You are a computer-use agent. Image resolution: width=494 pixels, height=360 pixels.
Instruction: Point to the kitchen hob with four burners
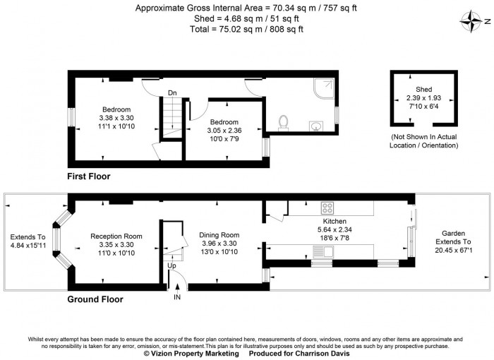coord(328,208)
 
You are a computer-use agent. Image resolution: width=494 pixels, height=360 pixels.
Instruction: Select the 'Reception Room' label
coord(116,236)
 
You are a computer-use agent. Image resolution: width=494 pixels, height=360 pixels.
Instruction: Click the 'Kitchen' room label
coord(335,221)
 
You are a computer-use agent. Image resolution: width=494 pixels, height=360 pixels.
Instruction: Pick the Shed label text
coord(423,88)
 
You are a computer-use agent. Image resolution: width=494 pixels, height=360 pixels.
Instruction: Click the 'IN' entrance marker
coord(178,297)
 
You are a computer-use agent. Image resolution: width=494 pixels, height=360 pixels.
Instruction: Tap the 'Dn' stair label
coord(172,92)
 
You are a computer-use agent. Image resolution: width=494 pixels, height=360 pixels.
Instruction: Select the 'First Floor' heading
coord(88,176)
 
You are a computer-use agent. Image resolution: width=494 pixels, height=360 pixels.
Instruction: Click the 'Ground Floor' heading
coord(95,299)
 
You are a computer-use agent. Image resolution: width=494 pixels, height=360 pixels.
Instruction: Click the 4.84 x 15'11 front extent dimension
coord(28,246)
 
